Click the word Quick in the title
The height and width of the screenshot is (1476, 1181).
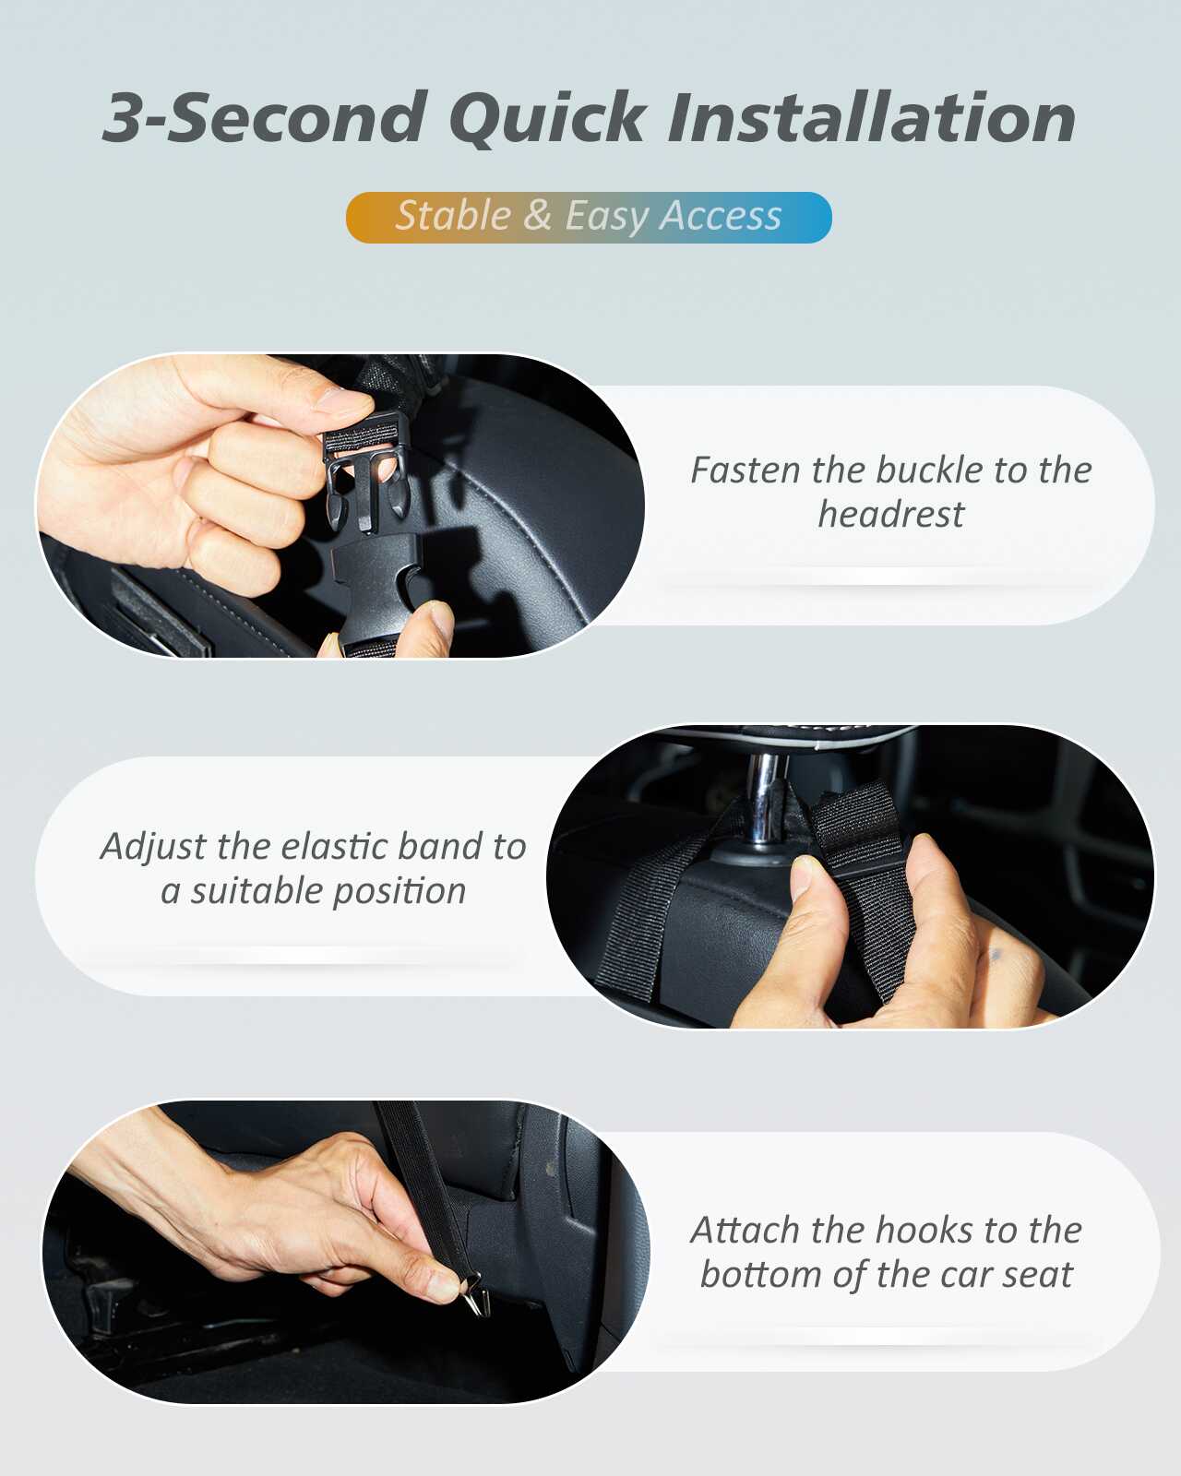coord(547,119)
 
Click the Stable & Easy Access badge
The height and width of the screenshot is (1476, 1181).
coord(589,218)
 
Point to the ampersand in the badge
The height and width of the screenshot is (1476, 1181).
coord(537,215)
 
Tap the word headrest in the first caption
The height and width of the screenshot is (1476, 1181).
coord(890,515)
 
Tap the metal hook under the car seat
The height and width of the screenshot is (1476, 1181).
coord(475,1293)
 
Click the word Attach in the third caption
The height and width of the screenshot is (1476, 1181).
coord(745,1231)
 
